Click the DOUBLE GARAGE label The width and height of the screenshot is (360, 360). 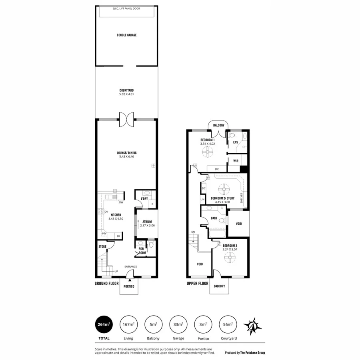coord(126,35)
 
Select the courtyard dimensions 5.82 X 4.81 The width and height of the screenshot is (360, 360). coord(126,94)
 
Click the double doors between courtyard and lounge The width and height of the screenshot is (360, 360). coord(127,119)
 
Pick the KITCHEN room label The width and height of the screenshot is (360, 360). coord(116,215)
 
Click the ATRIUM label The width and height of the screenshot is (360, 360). coord(147,222)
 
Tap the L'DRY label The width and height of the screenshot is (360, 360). coord(144,199)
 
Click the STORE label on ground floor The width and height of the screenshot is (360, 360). coord(102,247)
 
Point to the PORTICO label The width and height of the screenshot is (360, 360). coord(129,286)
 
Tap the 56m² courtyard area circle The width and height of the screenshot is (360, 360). coord(228,325)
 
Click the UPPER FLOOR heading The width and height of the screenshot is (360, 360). coord(198,283)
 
